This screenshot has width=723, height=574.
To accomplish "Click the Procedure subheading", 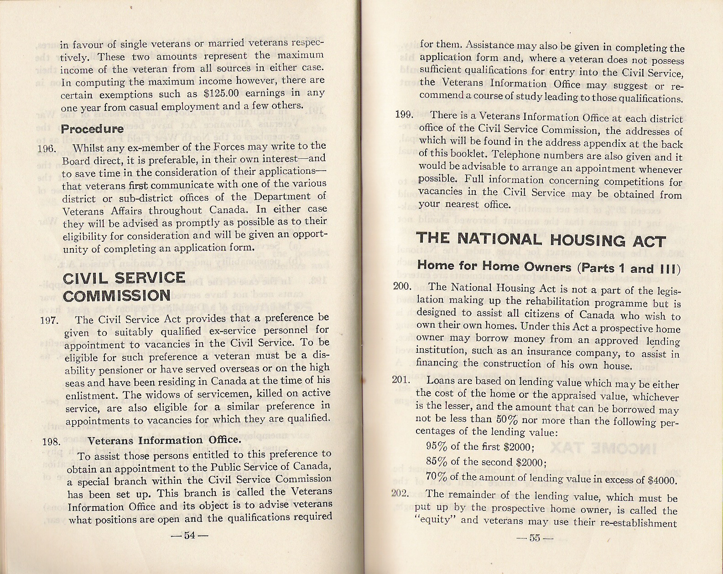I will (93, 129).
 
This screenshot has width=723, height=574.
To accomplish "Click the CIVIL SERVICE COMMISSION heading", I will (124, 287).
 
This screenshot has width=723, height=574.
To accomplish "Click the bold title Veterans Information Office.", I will (164, 440).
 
